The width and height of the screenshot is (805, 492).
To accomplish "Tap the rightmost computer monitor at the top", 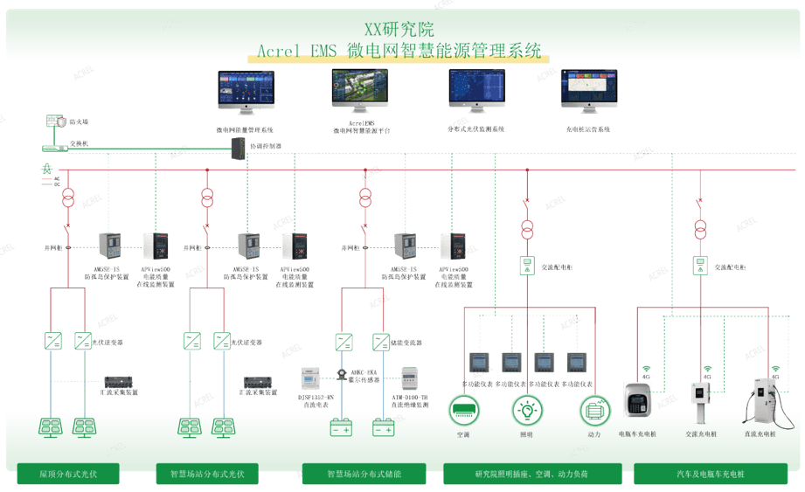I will click(588, 90).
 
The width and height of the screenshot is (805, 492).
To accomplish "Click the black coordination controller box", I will click(238, 148).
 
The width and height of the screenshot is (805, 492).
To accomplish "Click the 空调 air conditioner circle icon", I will click(463, 410).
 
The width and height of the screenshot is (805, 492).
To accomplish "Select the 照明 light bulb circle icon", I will click(527, 410).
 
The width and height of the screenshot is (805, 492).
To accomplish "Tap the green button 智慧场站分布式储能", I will click(364, 475).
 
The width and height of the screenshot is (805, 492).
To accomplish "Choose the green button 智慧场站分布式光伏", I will click(207, 475).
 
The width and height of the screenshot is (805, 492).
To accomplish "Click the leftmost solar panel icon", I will click(51, 427).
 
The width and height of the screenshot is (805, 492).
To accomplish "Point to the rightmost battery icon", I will click(384, 428).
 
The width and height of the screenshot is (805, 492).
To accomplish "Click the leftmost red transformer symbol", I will click(68, 197).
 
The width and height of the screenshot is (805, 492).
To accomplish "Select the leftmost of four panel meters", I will click(478, 362).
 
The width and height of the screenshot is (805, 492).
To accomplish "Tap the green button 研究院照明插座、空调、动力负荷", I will click(531, 475).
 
